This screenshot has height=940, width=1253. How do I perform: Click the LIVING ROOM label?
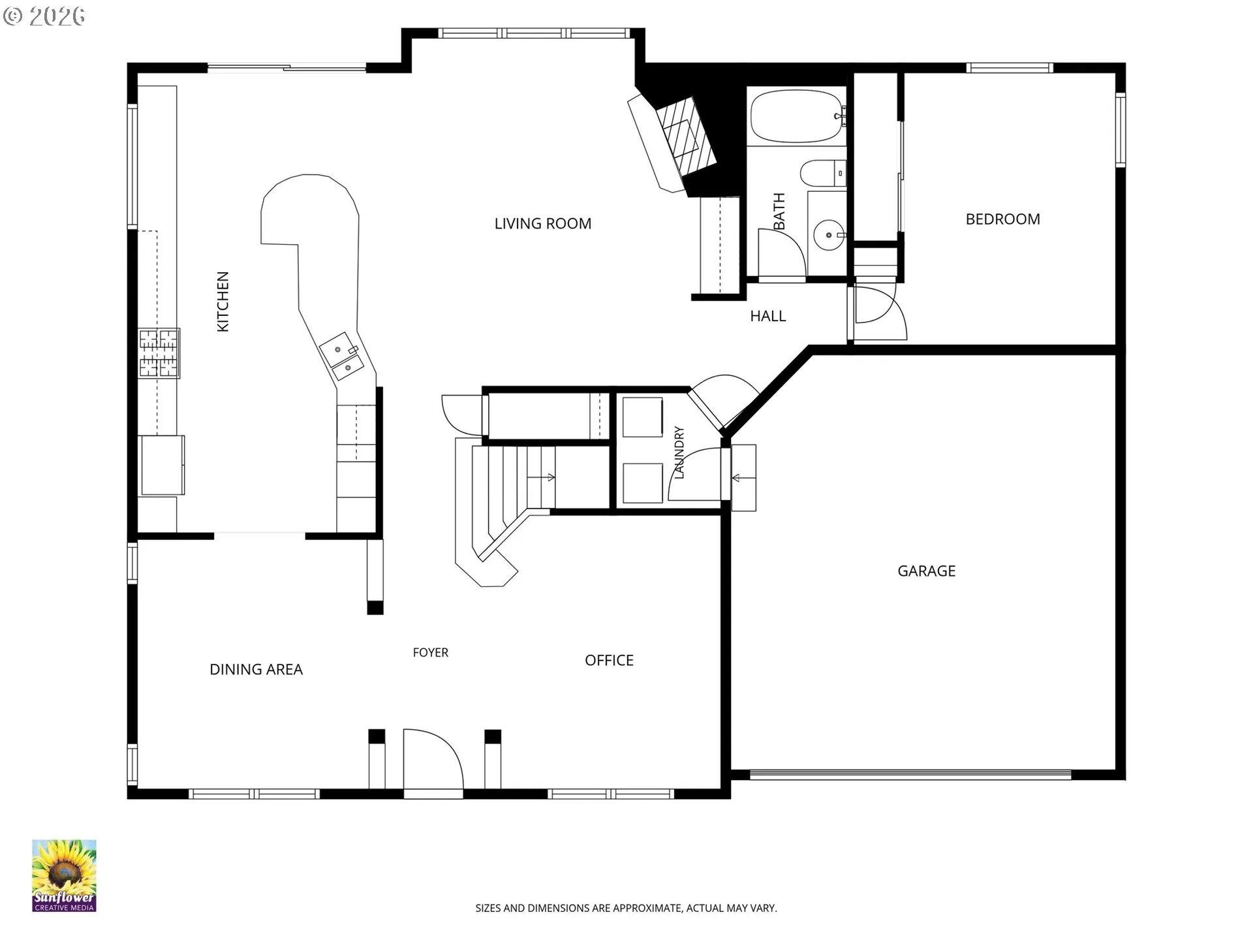(543, 224)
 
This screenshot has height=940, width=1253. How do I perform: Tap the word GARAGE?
(926, 571)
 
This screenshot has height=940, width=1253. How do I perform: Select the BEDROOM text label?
(1002, 219)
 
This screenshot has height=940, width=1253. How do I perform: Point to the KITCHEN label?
(223, 302)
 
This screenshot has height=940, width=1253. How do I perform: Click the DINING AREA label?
(256, 670)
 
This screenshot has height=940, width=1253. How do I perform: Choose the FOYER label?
(431, 653)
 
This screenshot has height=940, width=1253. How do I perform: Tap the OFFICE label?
(609, 661)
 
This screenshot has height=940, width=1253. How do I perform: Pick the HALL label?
(767, 316)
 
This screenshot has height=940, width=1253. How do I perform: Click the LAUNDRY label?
(679, 452)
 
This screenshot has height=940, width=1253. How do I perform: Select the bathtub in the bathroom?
(797, 116)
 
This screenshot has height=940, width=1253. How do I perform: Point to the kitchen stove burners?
(159, 353)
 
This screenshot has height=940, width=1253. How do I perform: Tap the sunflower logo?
(64, 875)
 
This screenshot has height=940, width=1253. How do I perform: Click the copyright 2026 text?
(44, 16)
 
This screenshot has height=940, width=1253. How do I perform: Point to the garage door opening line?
(910, 775)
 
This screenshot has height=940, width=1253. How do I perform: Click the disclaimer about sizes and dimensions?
(626, 908)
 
